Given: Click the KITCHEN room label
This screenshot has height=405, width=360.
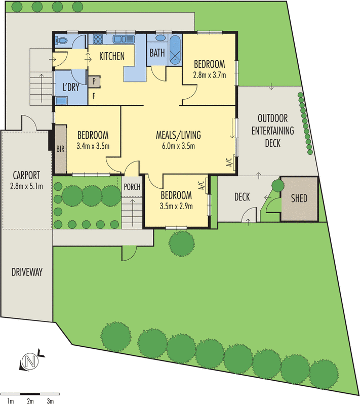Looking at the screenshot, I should (111, 56).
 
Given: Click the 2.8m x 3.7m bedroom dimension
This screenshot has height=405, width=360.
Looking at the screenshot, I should (209, 75).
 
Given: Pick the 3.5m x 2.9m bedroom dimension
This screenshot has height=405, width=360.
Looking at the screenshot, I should (176, 206).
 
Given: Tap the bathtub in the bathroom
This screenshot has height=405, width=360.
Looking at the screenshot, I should (175, 51).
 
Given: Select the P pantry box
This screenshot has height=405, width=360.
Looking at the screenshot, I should (95, 80).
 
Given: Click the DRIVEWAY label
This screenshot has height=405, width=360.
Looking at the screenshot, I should (26, 272).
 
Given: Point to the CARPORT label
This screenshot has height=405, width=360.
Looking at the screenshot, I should (26, 176).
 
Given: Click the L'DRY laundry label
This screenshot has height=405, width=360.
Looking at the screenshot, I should (70, 87).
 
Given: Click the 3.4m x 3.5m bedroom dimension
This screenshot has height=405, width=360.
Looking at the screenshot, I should (93, 147).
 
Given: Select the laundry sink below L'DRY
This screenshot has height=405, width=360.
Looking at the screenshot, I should (61, 100).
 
